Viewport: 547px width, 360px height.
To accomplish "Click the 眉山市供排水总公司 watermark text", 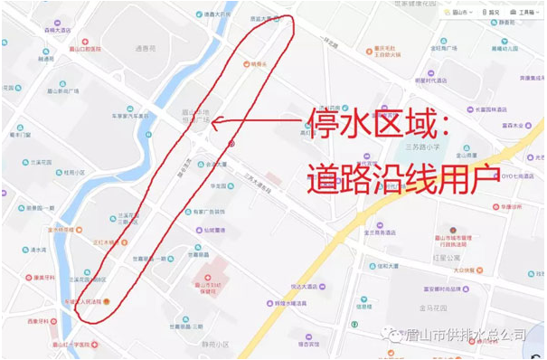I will click(x=461, y=336).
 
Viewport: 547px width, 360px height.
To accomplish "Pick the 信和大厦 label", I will click(x=390, y=266).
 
